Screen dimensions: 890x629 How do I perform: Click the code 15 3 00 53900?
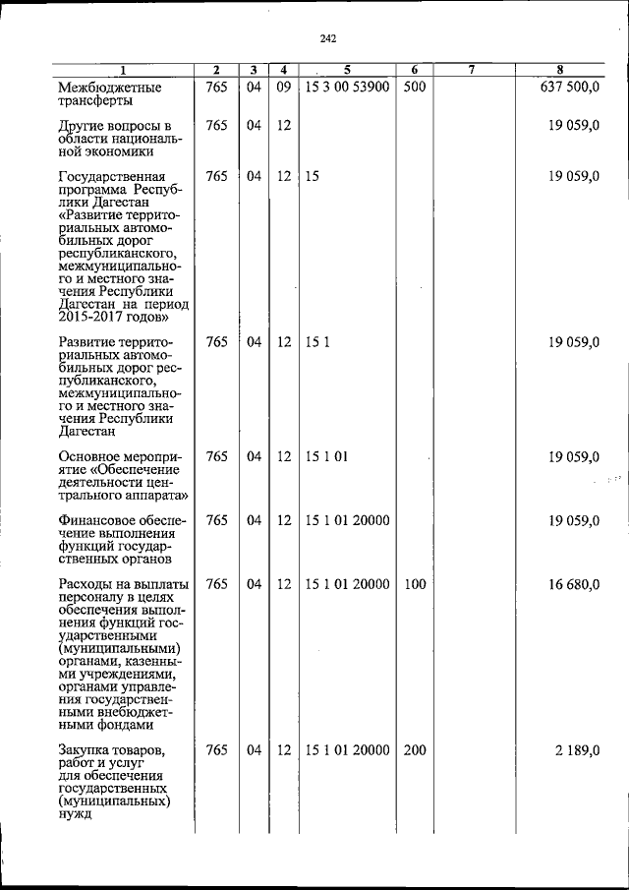click(x=347, y=89)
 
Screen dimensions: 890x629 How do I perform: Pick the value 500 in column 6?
click(x=415, y=89)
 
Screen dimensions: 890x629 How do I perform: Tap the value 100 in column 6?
click(x=415, y=584)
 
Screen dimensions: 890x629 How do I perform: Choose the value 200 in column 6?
click(x=415, y=750)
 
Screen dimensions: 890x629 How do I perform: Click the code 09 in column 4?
click(x=283, y=89)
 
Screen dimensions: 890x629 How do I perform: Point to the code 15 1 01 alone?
click(x=327, y=456)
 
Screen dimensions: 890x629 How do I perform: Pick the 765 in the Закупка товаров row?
click(x=217, y=750)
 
